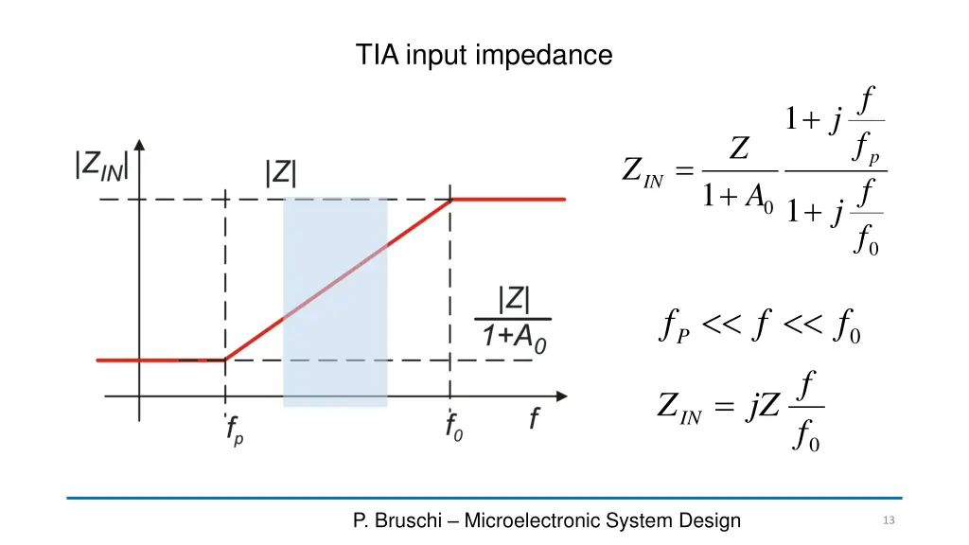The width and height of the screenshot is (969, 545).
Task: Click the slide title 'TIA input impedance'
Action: (x=484, y=55)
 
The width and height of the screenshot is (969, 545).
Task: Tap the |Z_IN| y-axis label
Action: (x=101, y=167)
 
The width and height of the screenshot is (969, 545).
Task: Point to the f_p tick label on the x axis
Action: (x=235, y=431)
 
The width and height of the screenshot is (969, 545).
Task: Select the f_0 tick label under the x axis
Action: (x=454, y=427)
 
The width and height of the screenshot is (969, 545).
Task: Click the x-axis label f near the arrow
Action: (x=535, y=418)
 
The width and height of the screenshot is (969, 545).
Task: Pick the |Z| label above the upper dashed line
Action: (x=280, y=173)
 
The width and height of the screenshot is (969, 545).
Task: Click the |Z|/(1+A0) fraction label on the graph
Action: (x=513, y=320)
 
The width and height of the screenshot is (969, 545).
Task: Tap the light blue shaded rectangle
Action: (x=336, y=302)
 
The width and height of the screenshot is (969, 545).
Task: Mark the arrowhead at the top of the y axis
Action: (x=140, y=145)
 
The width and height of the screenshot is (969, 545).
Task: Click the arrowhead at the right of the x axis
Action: (x=562, y=396)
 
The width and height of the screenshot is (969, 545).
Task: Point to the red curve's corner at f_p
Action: (x=225, y=360)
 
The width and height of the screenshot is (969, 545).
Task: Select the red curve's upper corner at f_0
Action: (x=450, y=200)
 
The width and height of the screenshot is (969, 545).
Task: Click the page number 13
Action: (x=889, y=520)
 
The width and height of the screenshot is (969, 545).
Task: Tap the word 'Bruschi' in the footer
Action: (x=409, y=520)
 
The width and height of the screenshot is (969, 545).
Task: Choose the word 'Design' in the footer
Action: (x=710, y=520)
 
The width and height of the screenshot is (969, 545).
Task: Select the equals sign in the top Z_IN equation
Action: (x=684, y=170)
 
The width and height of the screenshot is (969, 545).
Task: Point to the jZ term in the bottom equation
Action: (x=763, y=406)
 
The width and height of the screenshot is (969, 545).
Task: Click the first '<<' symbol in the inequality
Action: (x=722, y=324)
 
